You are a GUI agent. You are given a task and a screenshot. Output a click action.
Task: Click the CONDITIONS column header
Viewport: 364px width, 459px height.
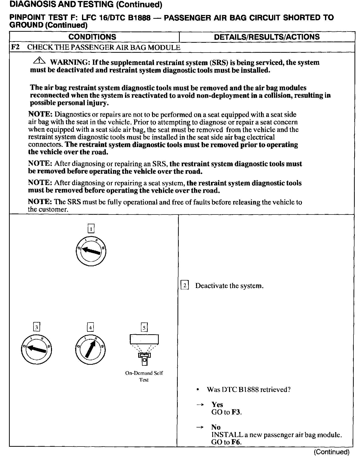click(x=92, y=37)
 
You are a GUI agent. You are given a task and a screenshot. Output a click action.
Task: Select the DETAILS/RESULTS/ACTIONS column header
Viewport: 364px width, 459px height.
click(x=267, y=37)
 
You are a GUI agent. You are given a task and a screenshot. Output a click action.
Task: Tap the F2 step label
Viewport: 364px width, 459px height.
click(x=15, y=47)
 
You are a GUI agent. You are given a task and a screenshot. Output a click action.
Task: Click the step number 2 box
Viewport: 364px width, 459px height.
click(x=184, y=285)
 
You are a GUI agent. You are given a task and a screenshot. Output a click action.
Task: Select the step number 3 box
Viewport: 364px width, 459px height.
click(x=37, y=327)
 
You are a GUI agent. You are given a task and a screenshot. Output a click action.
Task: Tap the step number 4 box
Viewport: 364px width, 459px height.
click(x=90, y=327)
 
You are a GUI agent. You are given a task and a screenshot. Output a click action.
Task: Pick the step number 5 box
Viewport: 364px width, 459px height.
click(x=144, y=327)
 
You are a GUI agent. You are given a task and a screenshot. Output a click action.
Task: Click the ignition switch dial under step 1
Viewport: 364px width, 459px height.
click(x=91, y=250)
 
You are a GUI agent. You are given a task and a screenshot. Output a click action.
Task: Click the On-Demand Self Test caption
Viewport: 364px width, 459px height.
click(x=144, y=376)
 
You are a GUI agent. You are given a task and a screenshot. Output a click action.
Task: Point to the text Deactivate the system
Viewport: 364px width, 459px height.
click(x=229, y=286)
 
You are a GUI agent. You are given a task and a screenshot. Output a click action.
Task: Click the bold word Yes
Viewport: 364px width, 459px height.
click(x=217, y=404)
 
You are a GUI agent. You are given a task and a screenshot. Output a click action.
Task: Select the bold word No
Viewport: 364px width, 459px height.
click(x=216, y=427)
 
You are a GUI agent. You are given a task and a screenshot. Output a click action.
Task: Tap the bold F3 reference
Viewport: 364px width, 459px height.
click(x=236, y=412)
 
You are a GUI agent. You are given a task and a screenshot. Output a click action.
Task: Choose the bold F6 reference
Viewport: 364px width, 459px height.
click(x=236, y=442)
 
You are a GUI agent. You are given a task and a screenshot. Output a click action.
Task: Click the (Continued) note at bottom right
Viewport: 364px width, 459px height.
click(x=331, y=452)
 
